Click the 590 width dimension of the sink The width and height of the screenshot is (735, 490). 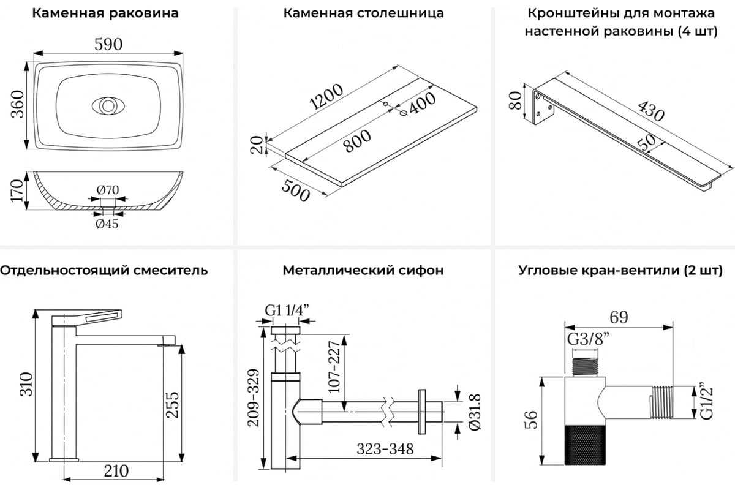[108, 44]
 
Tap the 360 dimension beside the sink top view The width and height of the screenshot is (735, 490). [18, 104]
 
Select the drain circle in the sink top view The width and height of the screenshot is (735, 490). [107, 106]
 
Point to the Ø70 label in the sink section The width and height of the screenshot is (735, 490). [108, 190]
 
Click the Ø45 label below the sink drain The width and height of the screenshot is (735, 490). [107, 224]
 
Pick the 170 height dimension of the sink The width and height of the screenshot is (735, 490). [17, 190]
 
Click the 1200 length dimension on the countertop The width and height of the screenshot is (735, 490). [326, 97]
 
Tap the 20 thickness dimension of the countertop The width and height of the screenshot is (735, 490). [257, 145]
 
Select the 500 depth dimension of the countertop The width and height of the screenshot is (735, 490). [296, 190]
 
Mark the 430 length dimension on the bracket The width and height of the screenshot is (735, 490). [650, 111]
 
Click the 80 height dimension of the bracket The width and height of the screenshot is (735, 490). [515, 100]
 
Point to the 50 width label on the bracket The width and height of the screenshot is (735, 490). [646, 144]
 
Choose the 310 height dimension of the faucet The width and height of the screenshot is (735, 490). [26, 384]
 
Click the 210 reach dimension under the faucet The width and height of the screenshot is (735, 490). [116, 471]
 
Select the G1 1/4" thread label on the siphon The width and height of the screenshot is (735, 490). [287, 310]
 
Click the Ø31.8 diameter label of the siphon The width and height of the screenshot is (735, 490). [475, 412]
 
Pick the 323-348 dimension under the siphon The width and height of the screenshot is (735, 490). [385, 449]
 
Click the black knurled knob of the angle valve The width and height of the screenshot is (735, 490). [585, 446]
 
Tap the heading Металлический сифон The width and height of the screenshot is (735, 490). [363, 271]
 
